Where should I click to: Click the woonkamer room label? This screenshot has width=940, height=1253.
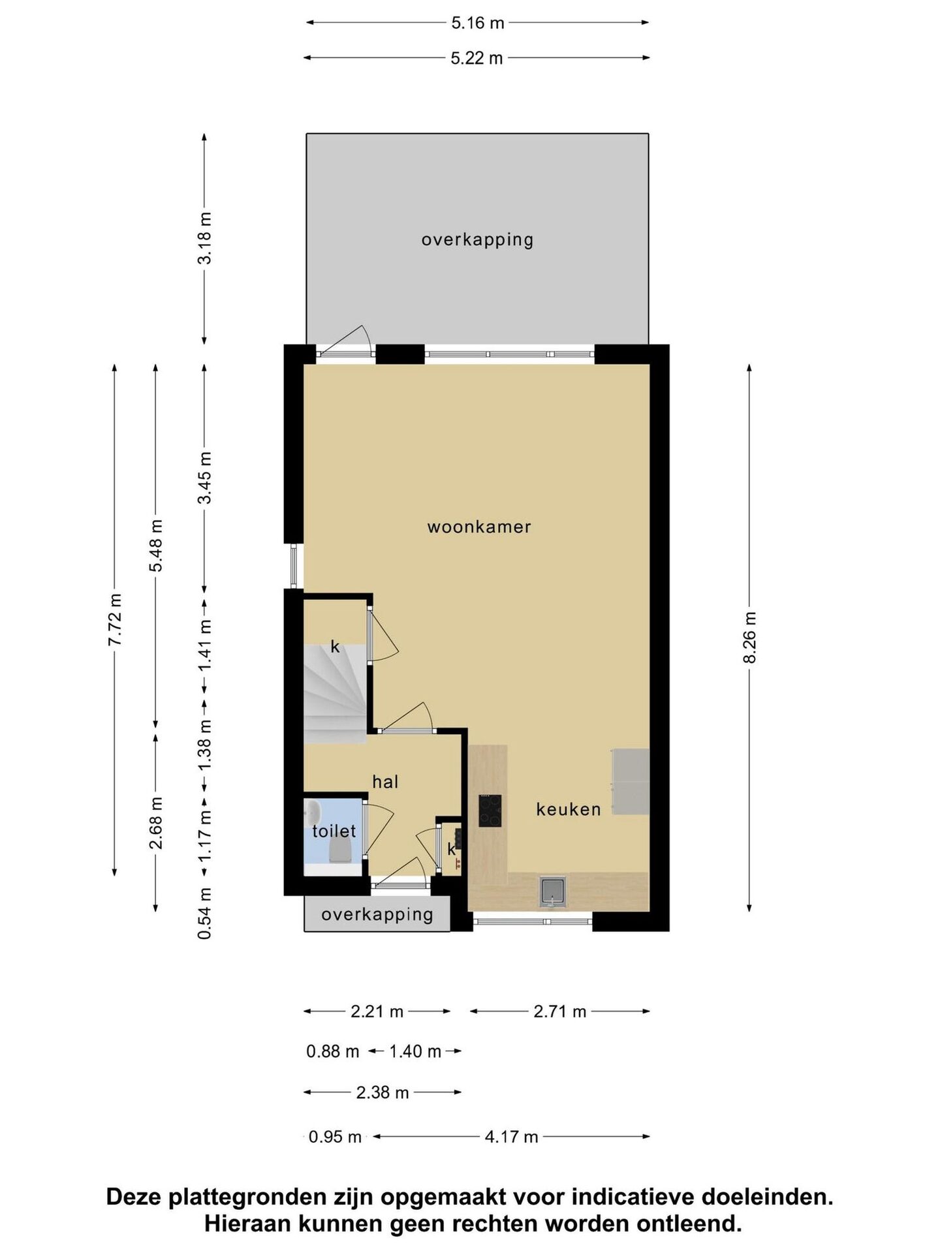pos(479,527)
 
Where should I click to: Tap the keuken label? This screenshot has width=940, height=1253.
pos(569,809)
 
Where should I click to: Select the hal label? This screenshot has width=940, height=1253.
pos(385,781)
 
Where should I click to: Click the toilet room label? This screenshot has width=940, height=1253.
pos(334,831)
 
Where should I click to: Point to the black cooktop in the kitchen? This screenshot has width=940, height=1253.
pos(490,811)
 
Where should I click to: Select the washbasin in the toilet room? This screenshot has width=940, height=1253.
pos(313,812)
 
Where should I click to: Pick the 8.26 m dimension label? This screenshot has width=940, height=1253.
pos(749,638)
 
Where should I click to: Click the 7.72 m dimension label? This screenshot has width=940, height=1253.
pos(115,619)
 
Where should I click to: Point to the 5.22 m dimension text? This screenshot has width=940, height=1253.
pos(477,58)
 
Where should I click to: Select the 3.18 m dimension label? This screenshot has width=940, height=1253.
pos(205,238)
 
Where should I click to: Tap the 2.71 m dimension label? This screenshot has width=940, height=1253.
pos(560,1012)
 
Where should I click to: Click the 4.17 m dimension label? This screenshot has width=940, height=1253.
pos(511,1137)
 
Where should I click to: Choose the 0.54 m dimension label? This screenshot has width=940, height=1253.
pos(205,913)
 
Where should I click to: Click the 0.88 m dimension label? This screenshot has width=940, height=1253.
pos(333,1051)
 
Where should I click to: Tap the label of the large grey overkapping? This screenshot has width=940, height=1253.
pos(477,240)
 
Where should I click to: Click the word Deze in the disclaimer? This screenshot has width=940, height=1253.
pos(134,1198)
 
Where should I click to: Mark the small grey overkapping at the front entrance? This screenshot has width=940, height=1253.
pos(377,914)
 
